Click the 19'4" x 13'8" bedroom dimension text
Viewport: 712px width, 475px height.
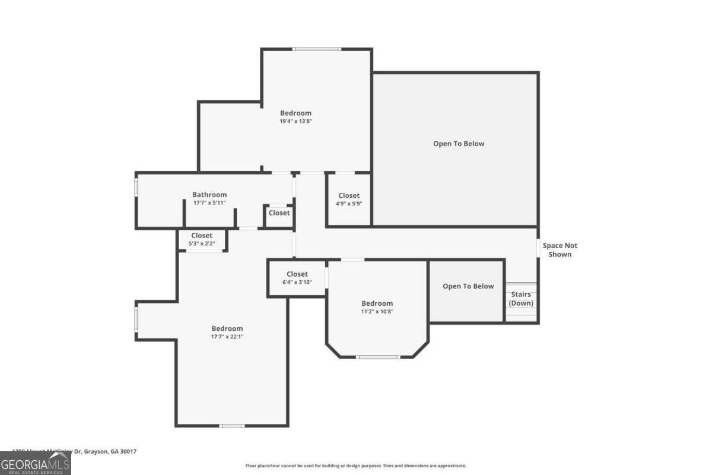click(295, 121)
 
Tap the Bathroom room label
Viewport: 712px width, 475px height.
click(209, 195)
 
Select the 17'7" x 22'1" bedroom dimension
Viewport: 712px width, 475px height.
click(227, 337)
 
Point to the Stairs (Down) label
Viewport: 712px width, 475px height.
click(521, 299)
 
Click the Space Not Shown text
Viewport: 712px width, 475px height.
click(560, 250)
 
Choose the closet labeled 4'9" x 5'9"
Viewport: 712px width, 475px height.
click(349, 199)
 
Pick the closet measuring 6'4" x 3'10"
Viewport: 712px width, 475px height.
click(297, 278)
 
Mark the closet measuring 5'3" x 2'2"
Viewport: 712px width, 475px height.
click(202, 240)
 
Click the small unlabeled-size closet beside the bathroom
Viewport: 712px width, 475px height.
click(279, 213)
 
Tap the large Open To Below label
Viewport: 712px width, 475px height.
click(459, 144)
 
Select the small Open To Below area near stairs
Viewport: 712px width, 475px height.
click(468, 287)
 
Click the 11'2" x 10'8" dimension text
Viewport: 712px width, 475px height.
click(377, 312)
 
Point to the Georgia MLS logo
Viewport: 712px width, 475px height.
click(35, 463)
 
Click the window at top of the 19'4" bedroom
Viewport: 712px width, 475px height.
click(317, 49)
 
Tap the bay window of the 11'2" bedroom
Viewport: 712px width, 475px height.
click(377, 357)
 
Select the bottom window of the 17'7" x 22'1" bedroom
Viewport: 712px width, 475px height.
click(231, 425)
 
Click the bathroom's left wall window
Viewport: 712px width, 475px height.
click(136, 187)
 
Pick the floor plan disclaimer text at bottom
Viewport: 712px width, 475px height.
click(356, 466)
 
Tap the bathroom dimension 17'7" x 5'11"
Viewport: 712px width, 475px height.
click(209, 204)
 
